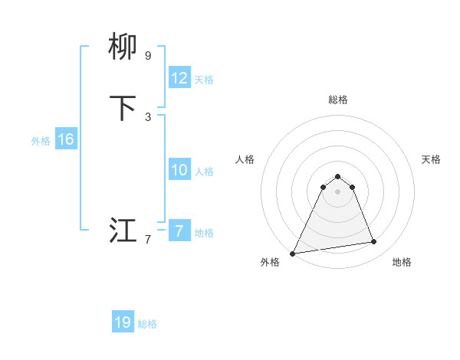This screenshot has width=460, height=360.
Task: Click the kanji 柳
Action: [123, 47]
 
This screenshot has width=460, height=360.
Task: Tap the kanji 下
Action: [123, 108]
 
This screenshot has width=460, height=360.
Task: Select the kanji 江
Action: [123, 230]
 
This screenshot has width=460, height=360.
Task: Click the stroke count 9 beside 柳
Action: [148, 55]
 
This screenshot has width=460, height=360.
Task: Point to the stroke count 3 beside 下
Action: [148, 116]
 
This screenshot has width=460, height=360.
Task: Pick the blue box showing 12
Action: [179, 78]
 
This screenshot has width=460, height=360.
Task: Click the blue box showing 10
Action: [179, 170]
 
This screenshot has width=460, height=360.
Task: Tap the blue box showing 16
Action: [66, 139]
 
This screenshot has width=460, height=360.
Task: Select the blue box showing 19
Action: [123, 322]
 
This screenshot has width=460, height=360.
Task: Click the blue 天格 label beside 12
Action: [204, 79]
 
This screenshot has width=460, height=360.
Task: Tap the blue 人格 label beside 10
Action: [204, 171]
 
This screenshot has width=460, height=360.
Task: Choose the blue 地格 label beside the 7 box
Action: [204, 232]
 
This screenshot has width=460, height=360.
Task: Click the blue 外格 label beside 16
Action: [41, 140]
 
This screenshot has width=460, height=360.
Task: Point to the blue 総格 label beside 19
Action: [147, 323]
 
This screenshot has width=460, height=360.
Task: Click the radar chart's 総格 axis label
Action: [337, 100]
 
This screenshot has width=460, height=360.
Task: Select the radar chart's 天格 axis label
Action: [432, 159]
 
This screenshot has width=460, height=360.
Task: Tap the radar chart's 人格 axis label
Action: [245, 159]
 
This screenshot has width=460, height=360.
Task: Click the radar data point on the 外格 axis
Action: [293, 253]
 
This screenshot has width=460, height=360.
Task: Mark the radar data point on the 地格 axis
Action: [374, 242]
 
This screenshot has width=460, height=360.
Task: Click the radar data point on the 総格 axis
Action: [337, 177]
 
